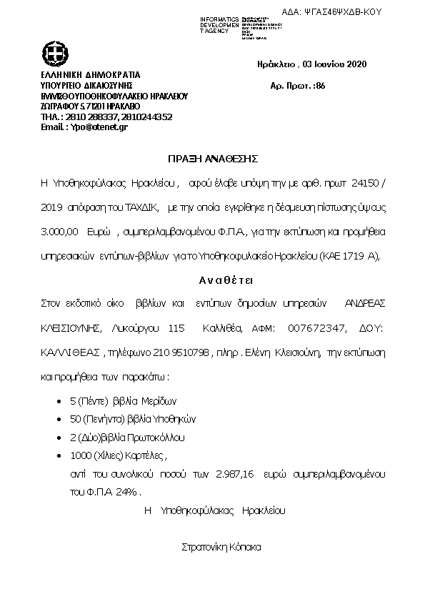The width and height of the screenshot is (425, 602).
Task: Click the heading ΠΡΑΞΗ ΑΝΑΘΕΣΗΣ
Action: (x=213, y=157)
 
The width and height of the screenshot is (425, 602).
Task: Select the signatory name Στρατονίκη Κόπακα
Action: (x=221, y=547)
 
